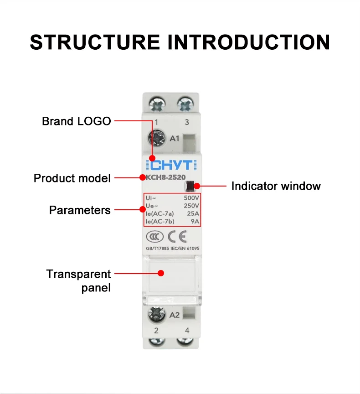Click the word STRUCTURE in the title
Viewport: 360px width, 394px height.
95,41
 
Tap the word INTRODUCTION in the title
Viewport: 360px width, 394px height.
249,41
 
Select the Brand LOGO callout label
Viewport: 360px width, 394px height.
76,121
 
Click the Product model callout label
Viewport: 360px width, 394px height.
72,178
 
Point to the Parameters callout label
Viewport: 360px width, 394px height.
80,210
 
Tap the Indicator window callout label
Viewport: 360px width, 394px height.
276,186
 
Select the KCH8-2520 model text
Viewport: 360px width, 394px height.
163,177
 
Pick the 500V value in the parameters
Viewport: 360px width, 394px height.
191,198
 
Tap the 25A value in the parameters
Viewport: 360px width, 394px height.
193,213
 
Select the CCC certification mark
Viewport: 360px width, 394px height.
154,237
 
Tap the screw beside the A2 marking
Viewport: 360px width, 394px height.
156,314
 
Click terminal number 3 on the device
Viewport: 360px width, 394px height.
187,122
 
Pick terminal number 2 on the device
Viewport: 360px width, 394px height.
156,331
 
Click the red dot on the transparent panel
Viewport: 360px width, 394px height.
160,273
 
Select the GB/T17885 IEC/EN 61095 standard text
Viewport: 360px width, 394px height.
172,249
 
